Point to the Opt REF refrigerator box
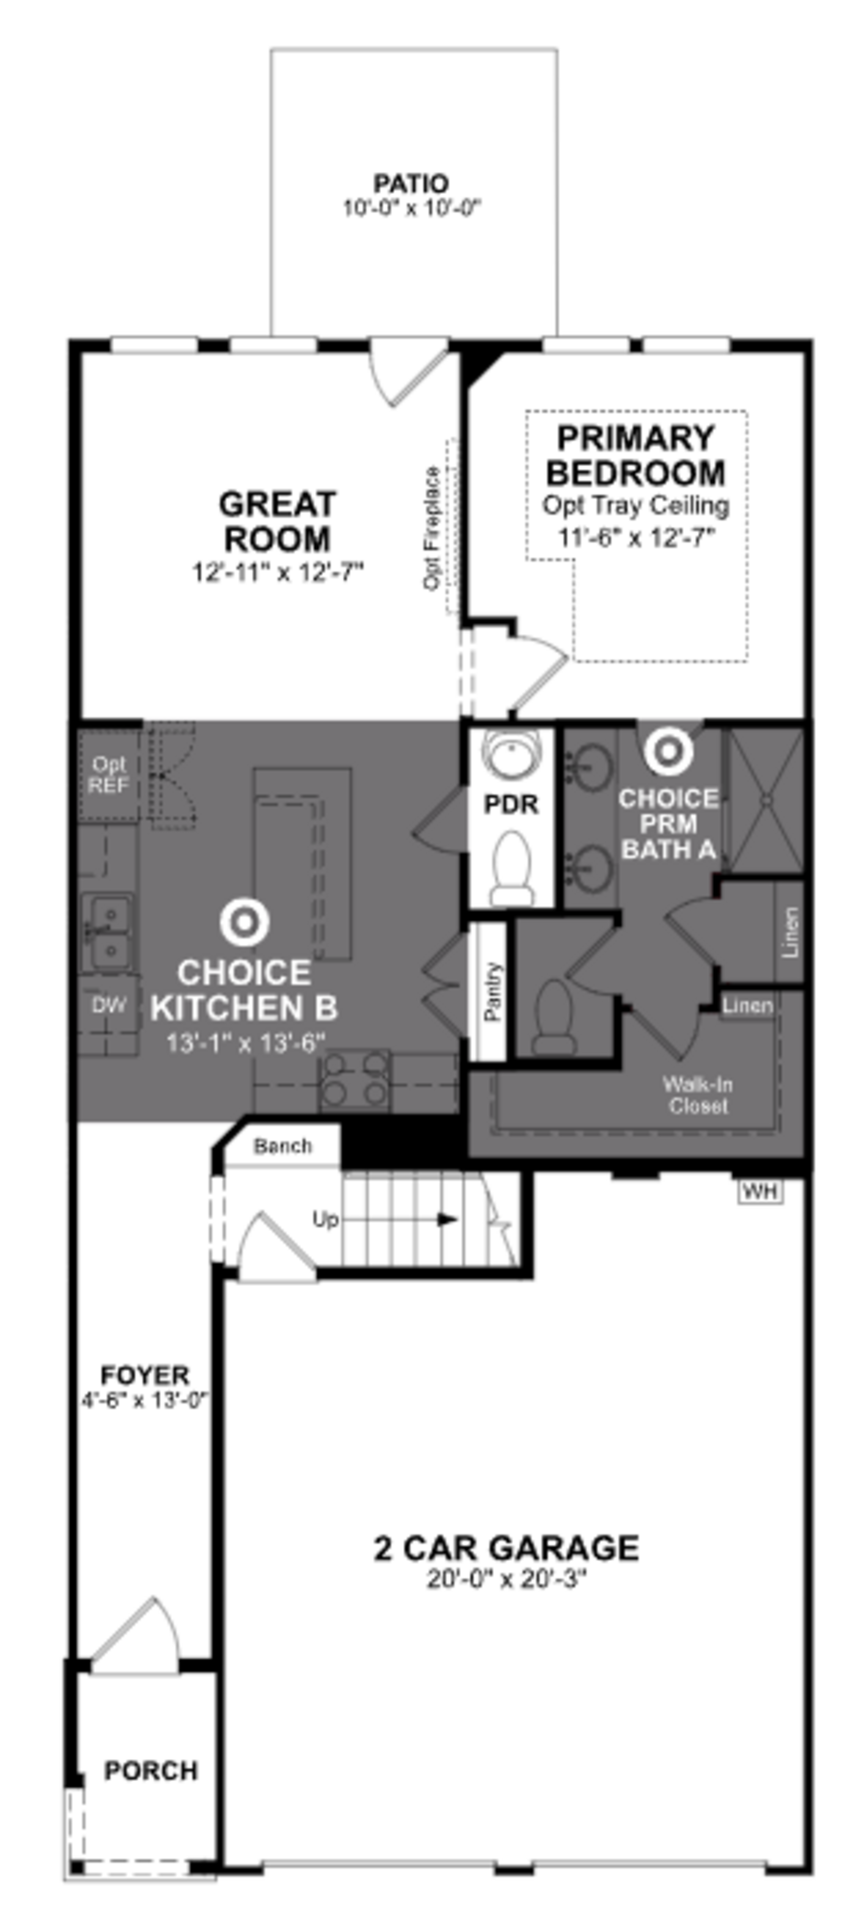coord(108,775)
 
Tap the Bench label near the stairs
coord(282,1146)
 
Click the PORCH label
coord(150,1770)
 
